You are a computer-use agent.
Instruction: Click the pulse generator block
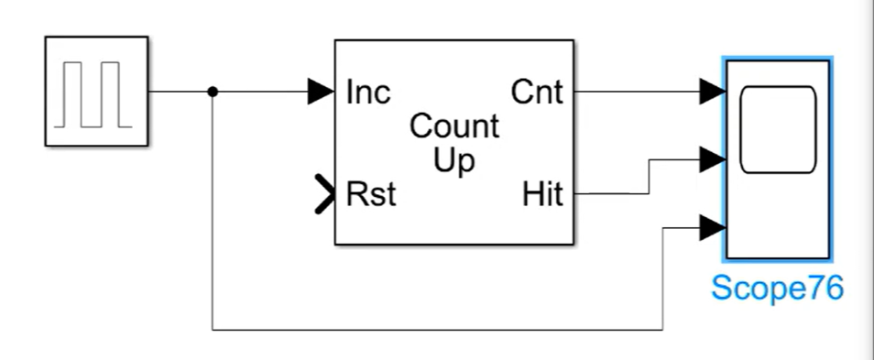tap(96, 91)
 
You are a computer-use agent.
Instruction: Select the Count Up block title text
tap(454, 143)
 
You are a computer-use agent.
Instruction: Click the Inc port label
tap(368, 92)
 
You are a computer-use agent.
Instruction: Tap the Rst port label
tap(371, 194)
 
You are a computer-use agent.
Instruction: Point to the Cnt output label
tap(537, 92)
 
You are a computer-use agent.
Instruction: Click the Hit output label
tap(542, 194)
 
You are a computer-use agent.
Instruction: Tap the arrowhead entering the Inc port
tap(321, 91)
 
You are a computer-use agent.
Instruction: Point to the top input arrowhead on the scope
tap(713, 91)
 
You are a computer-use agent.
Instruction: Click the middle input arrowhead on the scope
tap(713, 159)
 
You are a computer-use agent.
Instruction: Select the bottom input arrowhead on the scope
tap(713, 226)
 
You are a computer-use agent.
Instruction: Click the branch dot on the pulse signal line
tap(213, 91)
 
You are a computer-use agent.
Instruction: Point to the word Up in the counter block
tap(454, 161)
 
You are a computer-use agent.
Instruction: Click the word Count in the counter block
tap(454, 126)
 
